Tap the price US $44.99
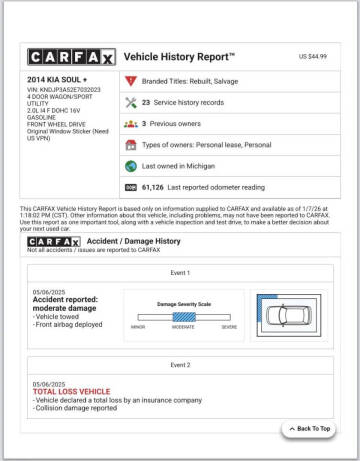coord(315,57)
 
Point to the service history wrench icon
coord(130,102)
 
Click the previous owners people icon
coord(130,123)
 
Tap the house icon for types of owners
coord(130,146)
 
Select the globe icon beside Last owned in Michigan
coord(130,167)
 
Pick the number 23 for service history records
coord(146,102)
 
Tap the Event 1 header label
coord(180,272)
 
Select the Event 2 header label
coord(180,366)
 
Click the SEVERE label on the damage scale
coord(229,327)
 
